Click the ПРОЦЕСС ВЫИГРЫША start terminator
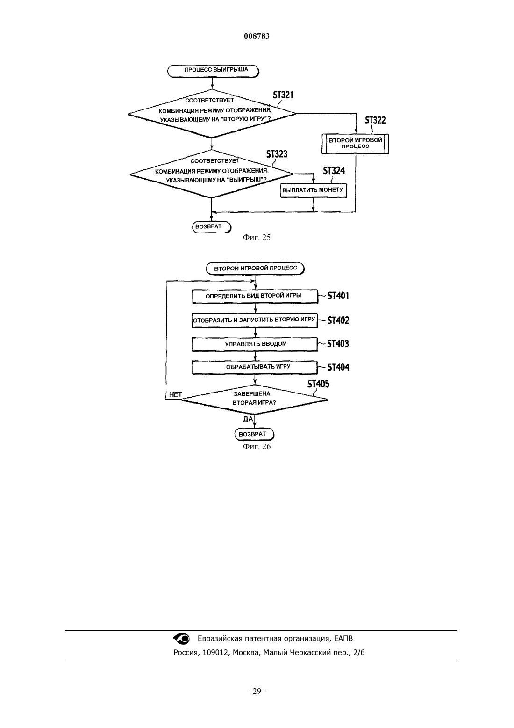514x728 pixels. tap(213, 71)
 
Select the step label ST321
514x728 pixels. tap(283, 95)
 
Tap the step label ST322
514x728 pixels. tap(375, 120)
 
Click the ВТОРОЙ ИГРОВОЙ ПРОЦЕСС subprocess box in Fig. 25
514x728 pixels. tap(355, 144)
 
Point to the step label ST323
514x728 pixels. tap(277, 154)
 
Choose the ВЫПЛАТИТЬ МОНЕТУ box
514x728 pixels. tap(314, 190)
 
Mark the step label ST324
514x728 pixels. tap(334, 171)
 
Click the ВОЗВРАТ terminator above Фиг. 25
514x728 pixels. tap(212, 227)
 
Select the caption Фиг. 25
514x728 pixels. tap(257, 237)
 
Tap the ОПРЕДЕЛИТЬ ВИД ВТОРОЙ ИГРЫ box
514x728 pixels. tap(255, 297)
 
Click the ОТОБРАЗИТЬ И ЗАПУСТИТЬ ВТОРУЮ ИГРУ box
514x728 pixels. tap(255, 320)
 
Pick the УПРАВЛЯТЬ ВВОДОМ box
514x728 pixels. tap(255, 344)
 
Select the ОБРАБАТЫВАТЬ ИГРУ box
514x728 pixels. tap(255, 368)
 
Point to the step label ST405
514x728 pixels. tap(318, 384)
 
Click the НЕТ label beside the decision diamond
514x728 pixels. tap(176, 394)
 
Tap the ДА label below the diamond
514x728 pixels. tap(248, 419)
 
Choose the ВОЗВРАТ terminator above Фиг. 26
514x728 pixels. tap(254, 434)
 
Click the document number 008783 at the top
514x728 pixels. tap(257, 36)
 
